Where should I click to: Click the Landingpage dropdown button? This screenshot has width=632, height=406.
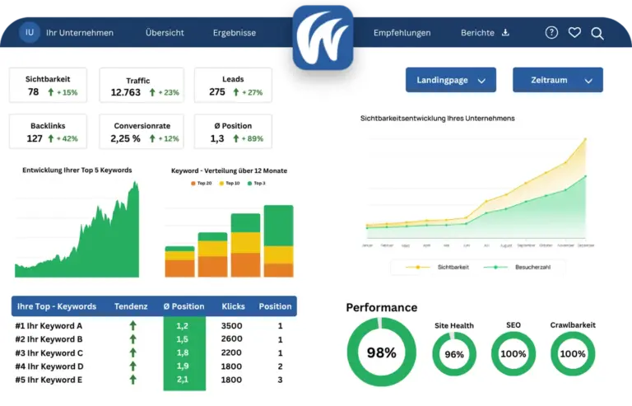coord(451,80)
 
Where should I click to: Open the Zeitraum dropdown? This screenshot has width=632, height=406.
coord(557,80)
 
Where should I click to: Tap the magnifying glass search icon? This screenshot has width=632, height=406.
coord(597,33)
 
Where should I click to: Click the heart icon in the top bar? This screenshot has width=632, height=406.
coord(574,33)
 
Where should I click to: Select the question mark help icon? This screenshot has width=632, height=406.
coord(551,33)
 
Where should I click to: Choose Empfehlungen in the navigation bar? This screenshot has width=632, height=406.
coord(402,33)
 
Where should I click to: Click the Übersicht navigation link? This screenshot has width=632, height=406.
coord(165,33)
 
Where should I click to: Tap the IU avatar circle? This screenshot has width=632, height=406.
coord(30,33)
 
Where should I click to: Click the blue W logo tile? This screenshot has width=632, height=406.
coord(323,37)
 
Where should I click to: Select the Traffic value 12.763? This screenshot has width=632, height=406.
coord(126,92)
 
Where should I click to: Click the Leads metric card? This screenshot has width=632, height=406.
coord(233,86)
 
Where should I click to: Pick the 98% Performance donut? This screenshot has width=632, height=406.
coord(381,352)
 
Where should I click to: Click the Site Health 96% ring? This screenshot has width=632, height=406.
coord(454,354)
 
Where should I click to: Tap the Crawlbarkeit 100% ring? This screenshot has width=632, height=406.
coord(573,354)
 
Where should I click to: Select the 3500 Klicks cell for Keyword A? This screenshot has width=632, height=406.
coord(232,325)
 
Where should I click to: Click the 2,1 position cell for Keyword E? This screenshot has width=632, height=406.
coord(183,380)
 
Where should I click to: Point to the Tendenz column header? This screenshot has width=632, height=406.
coord(132,306)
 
